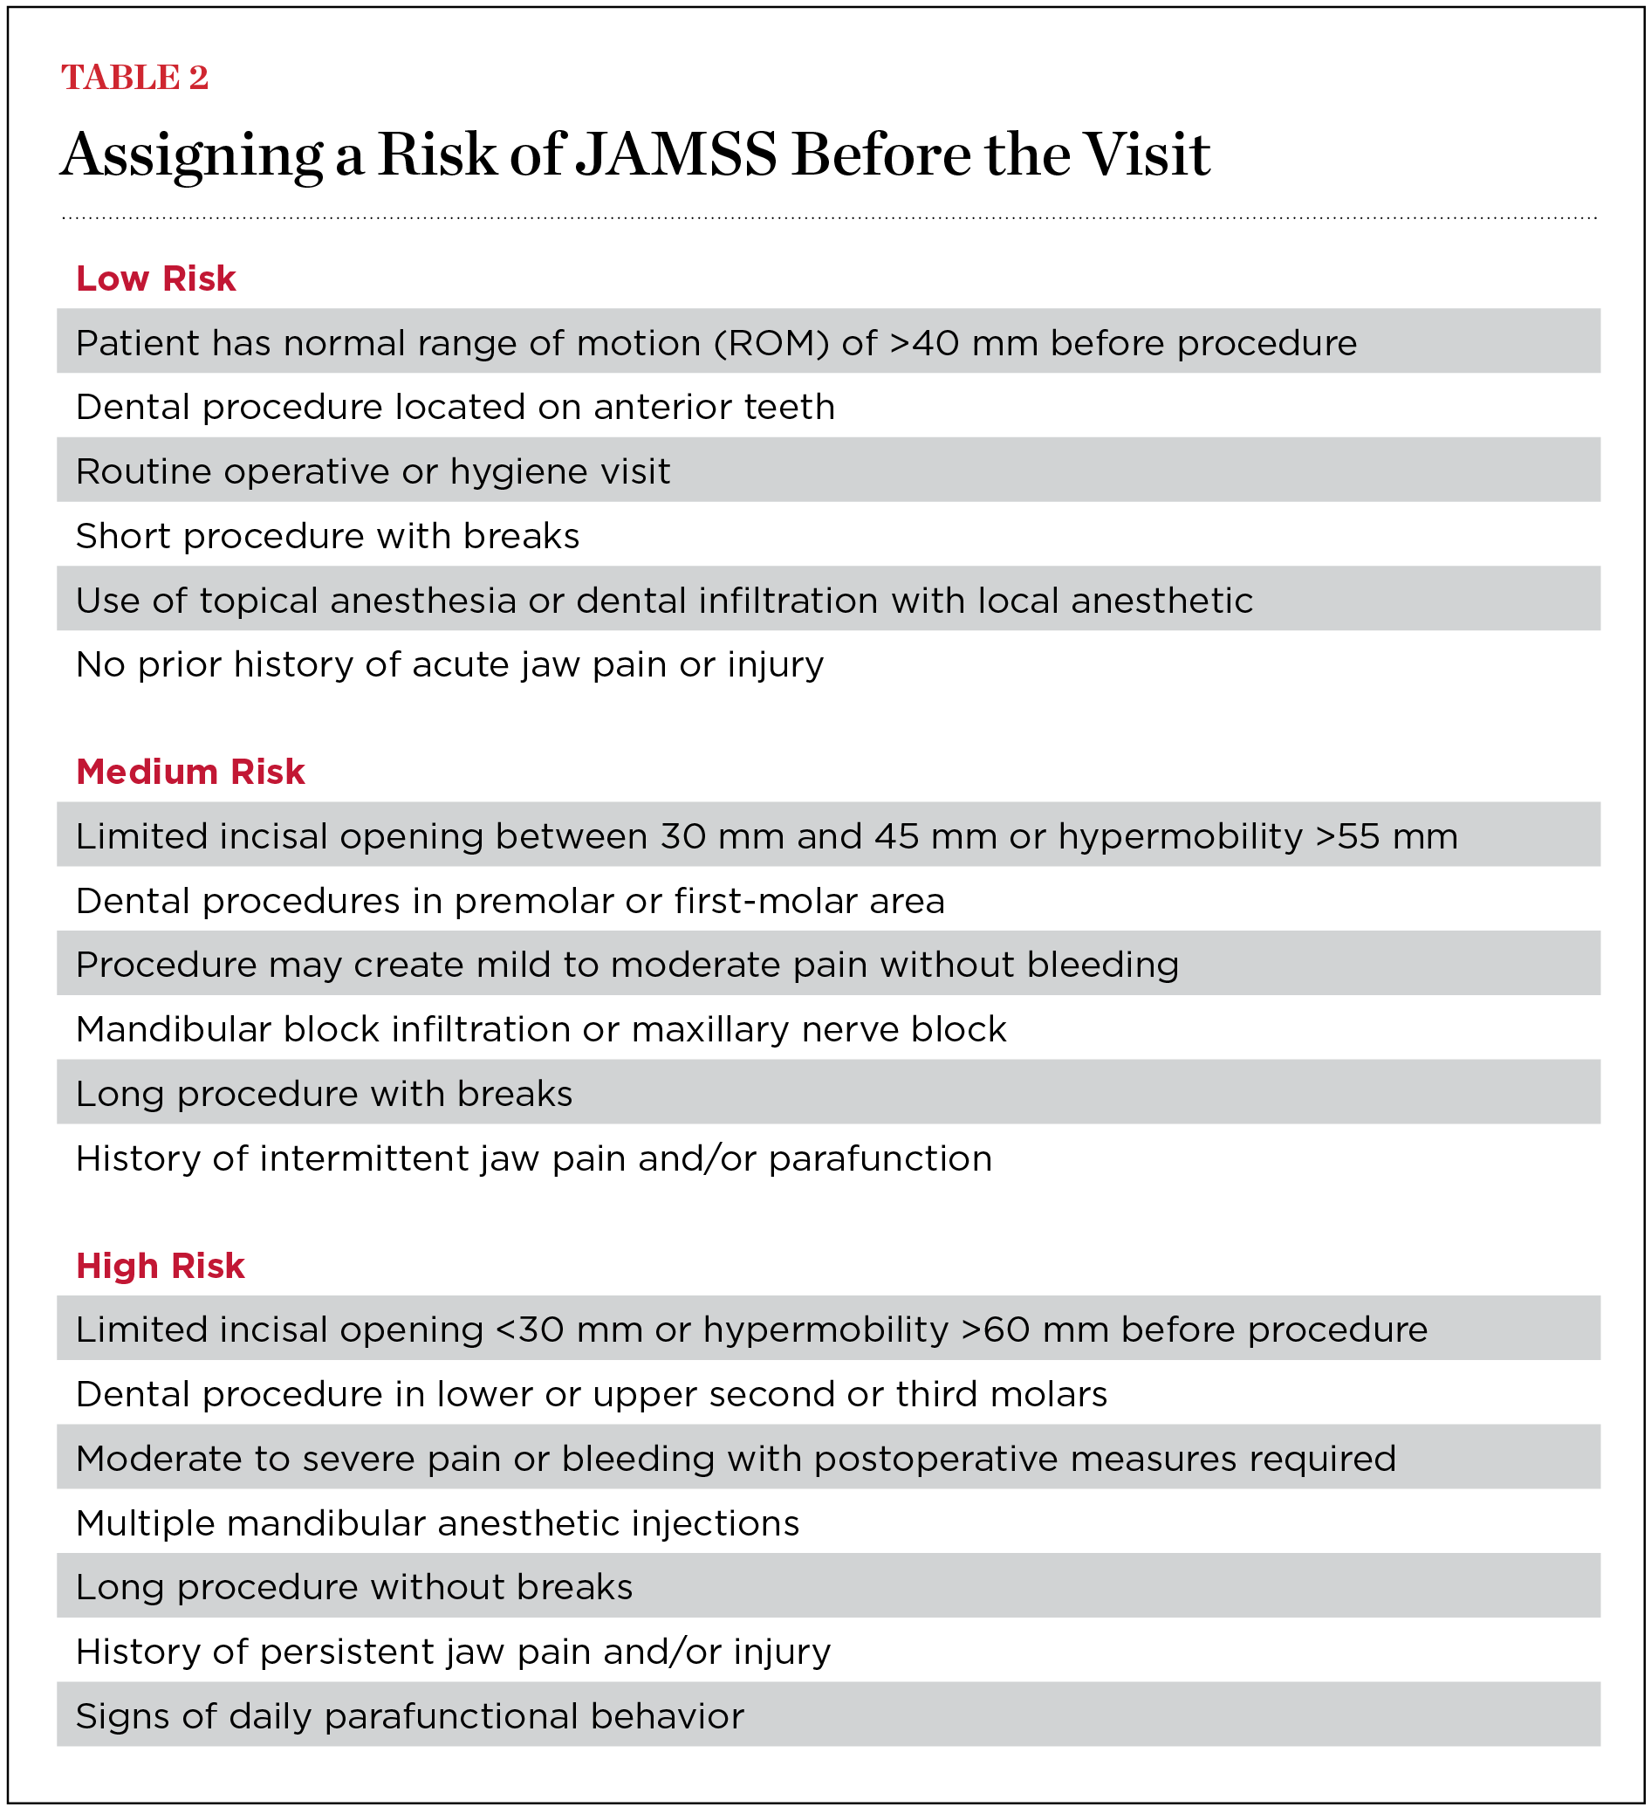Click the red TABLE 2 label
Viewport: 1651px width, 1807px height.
(x=134, y=78)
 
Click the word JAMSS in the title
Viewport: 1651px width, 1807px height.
(x=675, y=155)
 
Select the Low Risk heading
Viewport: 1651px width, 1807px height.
(x=156, y=278)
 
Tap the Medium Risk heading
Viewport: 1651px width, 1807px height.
(x=190, y=772)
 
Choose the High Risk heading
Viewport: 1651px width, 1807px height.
(x=160, y=1266)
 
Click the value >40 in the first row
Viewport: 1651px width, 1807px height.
(x=923, y=343)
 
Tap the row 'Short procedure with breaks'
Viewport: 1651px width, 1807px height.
(x=328, y=536)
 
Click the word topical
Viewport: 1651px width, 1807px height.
(x=259, y=601)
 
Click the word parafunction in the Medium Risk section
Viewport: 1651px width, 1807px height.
(x=880, y=1159)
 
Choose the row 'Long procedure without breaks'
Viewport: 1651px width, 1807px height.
(x=354, y=1587)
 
